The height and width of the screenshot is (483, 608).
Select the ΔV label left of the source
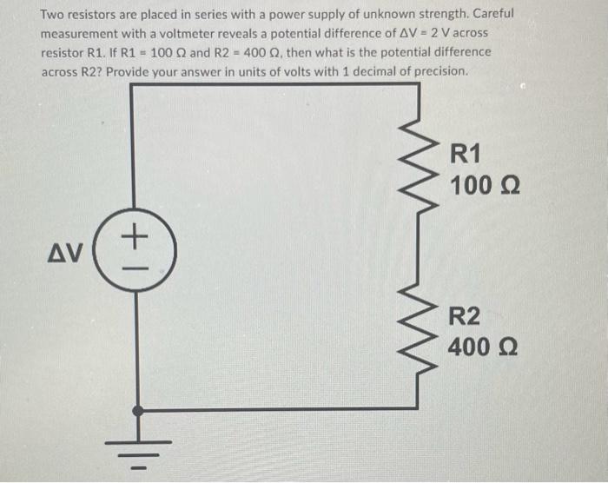tap(65, 253)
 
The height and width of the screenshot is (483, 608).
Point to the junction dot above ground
tap(135, 409)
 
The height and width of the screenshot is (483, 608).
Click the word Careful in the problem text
tap(492, 15)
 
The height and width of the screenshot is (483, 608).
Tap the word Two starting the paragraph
tap(54, 15)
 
